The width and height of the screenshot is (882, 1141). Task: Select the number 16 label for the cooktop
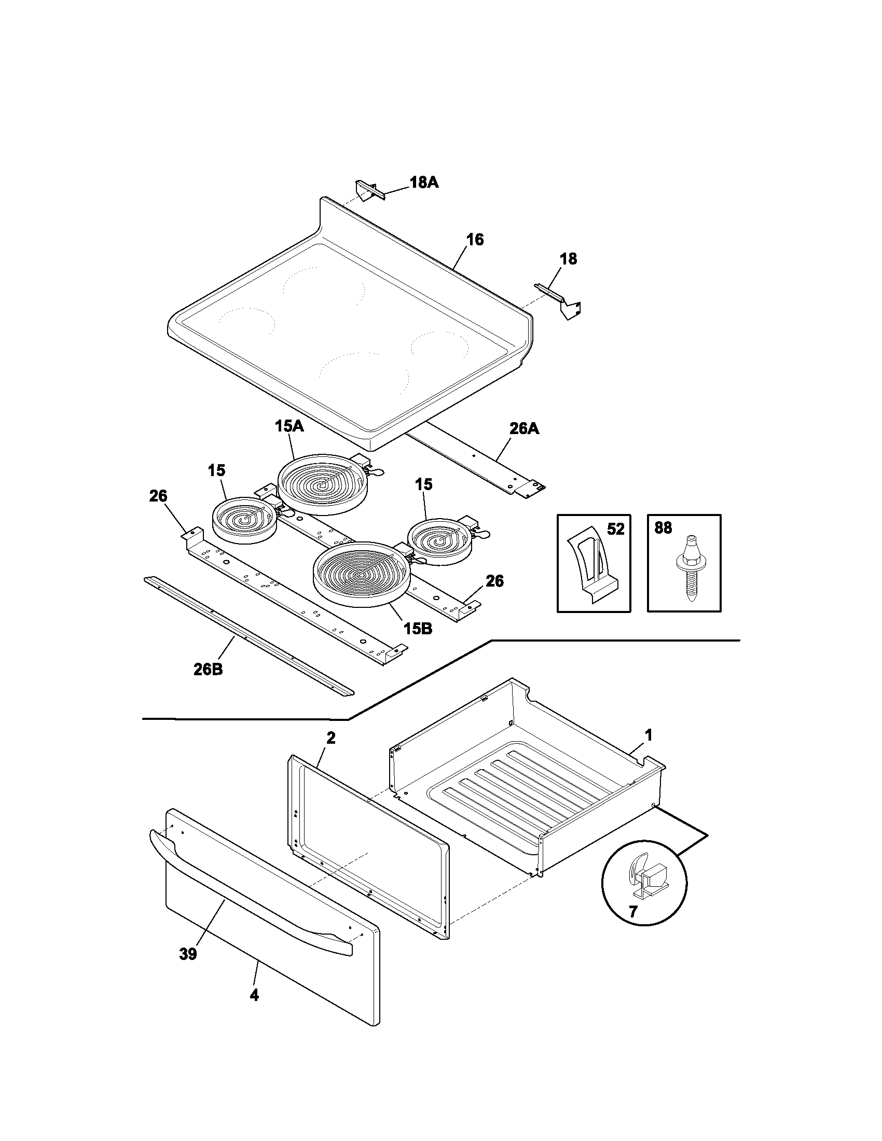pyautogui.click(x=474, y=240)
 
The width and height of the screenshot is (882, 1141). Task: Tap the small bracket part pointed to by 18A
pyautogui.click(x=369, y=190)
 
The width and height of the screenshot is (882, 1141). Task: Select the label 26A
pyautogui.click(x=524, y=429)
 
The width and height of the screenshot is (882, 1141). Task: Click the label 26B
pyautogui.click(x=208, y=669)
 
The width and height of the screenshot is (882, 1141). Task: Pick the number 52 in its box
pyautogui.click(x=615, y=529)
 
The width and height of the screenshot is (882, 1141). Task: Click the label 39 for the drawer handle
pyautogui.click(x=188, y=954)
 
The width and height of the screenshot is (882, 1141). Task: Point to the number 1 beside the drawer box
pyautogui.click(x=648, y=735)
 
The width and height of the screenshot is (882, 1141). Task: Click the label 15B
pyautogui.click(x=418, y=629)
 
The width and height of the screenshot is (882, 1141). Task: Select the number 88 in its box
pyautogui.click(x=663, y=528)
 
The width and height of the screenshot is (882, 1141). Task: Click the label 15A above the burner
pyautogui.click(x=289, y=426)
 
